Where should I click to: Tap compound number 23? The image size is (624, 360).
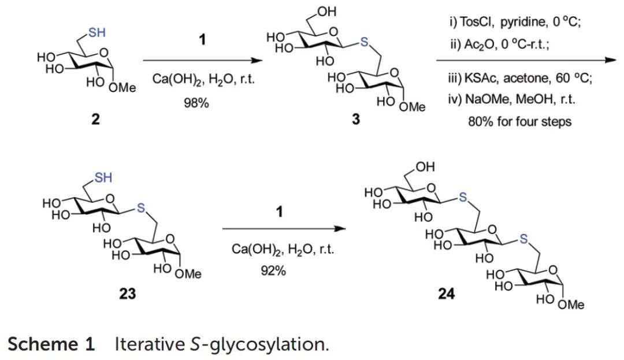127,294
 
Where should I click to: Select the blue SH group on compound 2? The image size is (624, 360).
96,33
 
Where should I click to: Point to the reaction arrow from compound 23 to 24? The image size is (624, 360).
284,228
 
